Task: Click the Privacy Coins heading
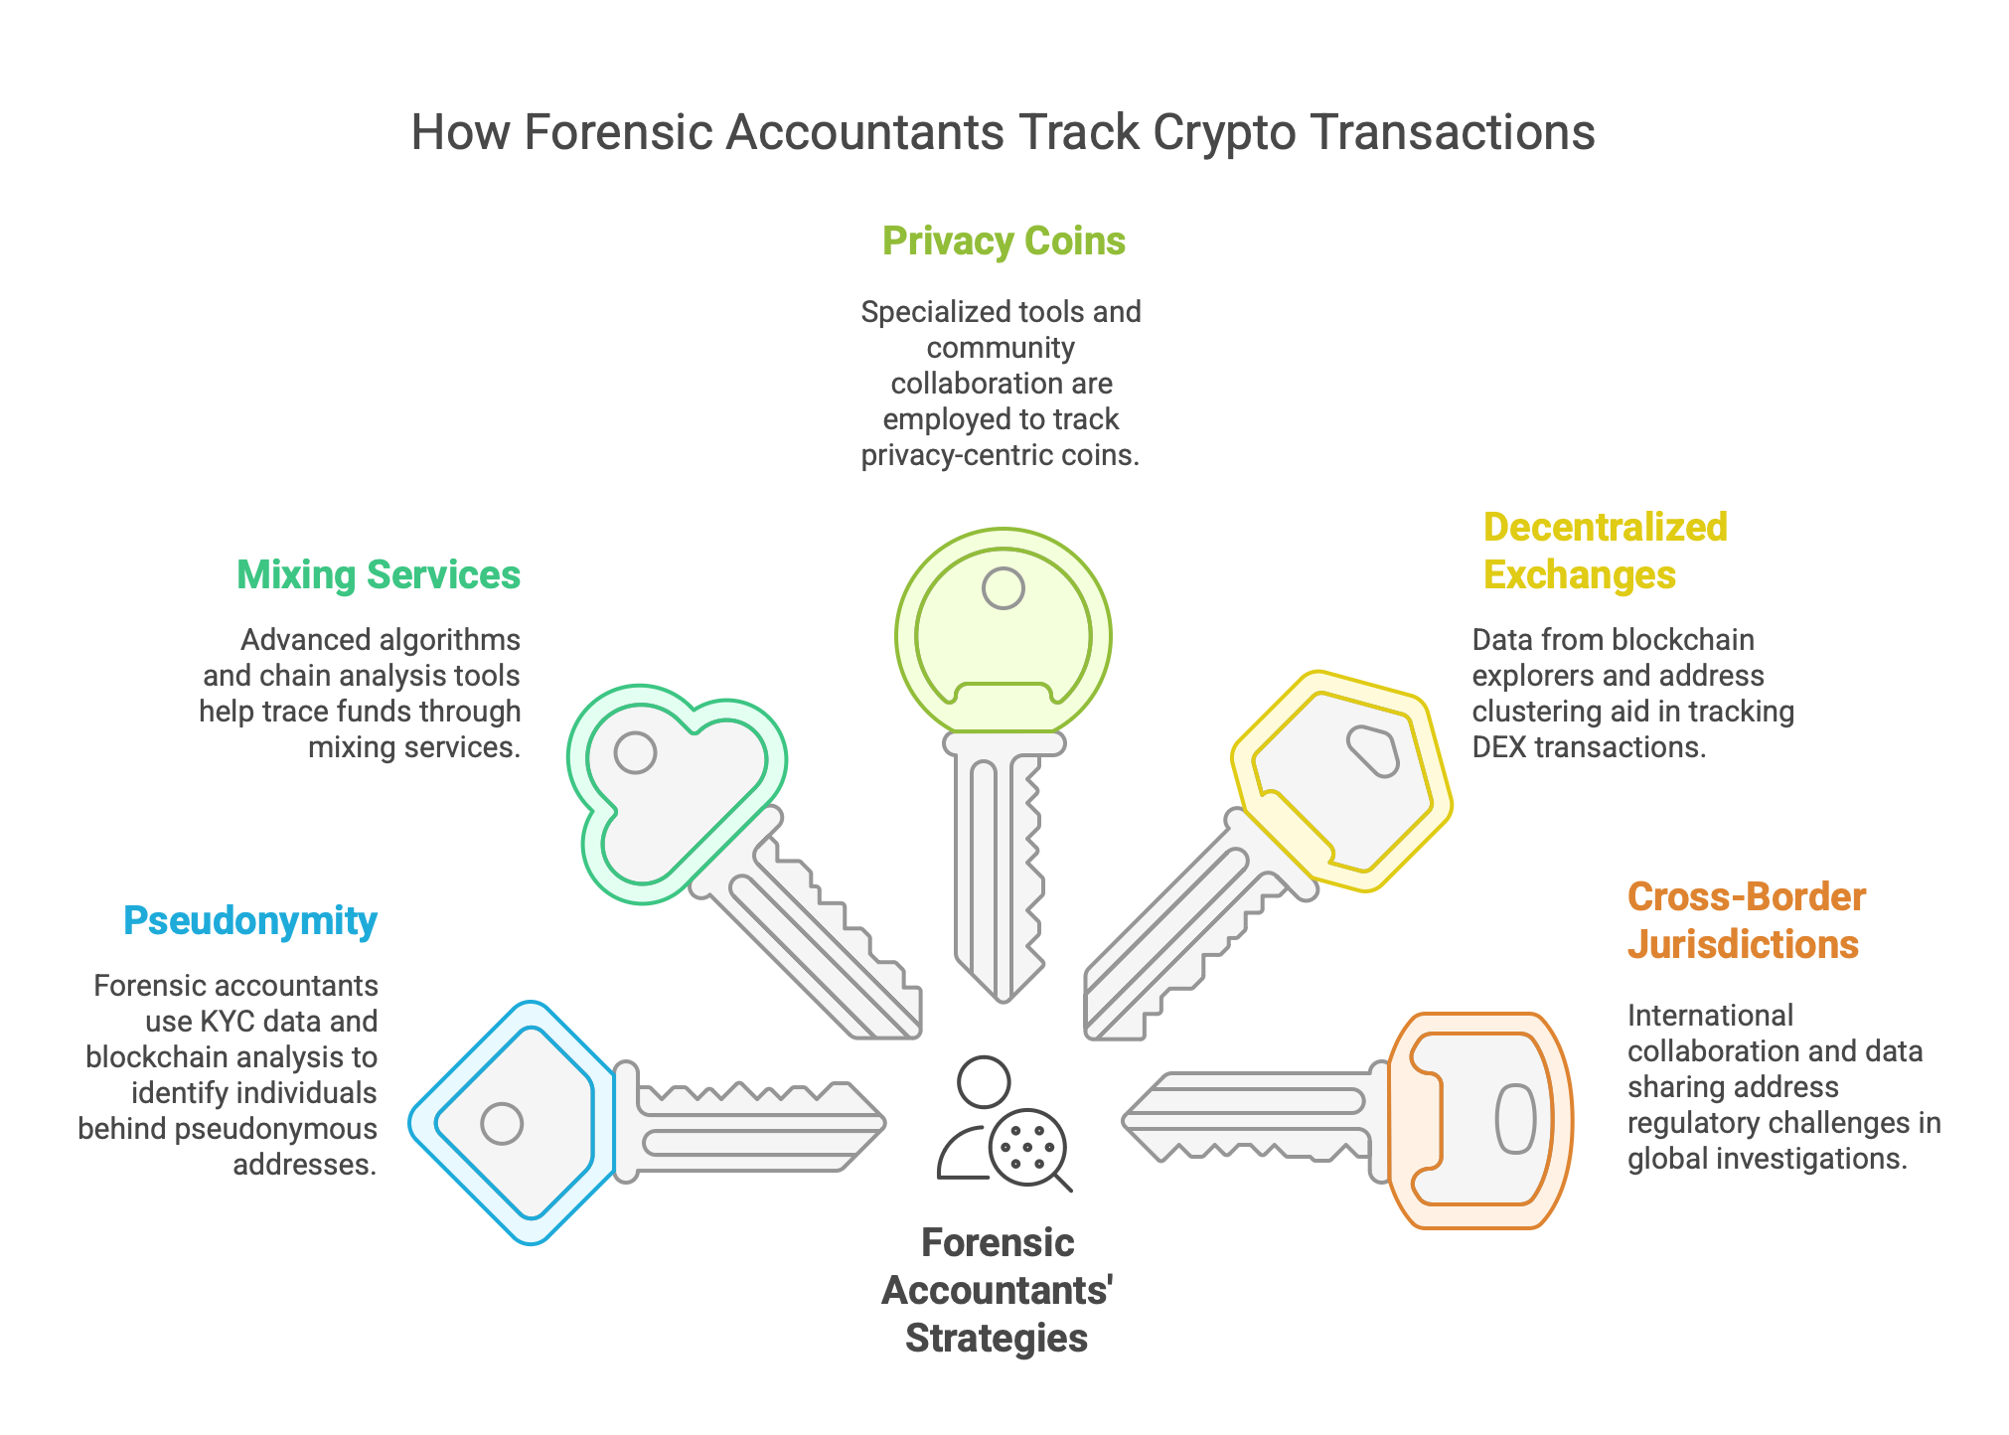(1004, 241)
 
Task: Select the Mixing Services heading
(379, 575)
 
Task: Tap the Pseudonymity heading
(250, 921)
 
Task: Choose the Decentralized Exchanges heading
(1605, 552)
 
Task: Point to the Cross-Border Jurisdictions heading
(1746, 921)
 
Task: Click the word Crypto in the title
(1224, 133)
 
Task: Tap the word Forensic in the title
(615, 133)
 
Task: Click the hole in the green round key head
(1004, 588)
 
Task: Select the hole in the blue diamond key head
(502, 1124)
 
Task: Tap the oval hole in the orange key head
(1516, 1120)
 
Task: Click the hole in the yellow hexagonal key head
(1374, 751)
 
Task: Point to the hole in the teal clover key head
(635, 752)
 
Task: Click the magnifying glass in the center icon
(1030, 1150)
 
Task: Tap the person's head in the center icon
(984, 1082)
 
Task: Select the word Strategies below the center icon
(997, 1339)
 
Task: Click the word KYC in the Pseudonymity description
(228, 1022)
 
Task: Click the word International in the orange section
(1710, 1016)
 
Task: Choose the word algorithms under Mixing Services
(451, 640)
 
